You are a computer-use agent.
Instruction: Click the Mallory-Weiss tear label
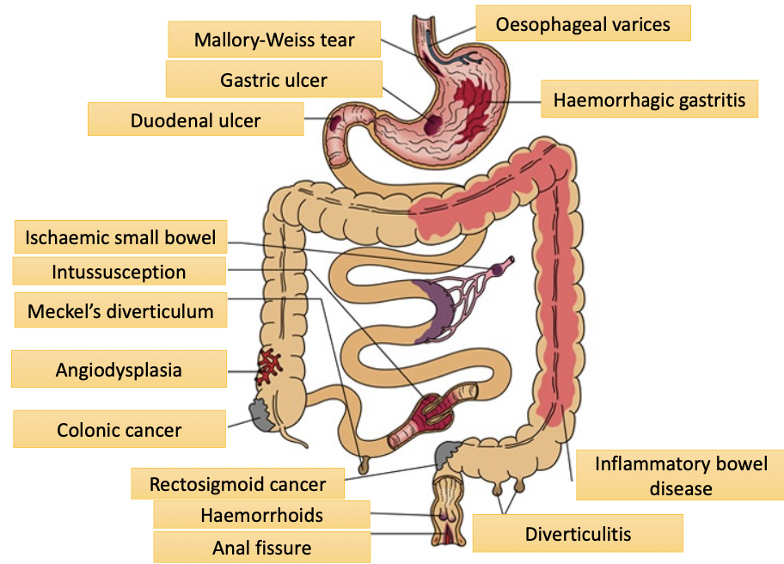pos(274,40)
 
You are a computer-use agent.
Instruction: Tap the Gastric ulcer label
pos(273,80)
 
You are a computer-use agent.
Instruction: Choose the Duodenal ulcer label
pos(195,120)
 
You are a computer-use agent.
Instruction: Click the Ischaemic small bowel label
pos(120,237)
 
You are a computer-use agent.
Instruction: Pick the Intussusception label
pos(119,273)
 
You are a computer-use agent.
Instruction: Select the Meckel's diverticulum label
pos(120,310)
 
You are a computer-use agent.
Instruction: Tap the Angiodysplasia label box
pos(119,371)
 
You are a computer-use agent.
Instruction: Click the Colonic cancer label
pos(119,429)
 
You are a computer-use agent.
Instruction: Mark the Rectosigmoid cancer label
pos(237,484)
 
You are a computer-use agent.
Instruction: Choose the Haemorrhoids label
pos(261,515)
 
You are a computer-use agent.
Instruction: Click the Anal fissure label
pos(261,548)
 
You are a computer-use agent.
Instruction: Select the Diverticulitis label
pos(578,534)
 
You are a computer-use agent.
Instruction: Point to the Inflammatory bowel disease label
pos(681,475)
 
